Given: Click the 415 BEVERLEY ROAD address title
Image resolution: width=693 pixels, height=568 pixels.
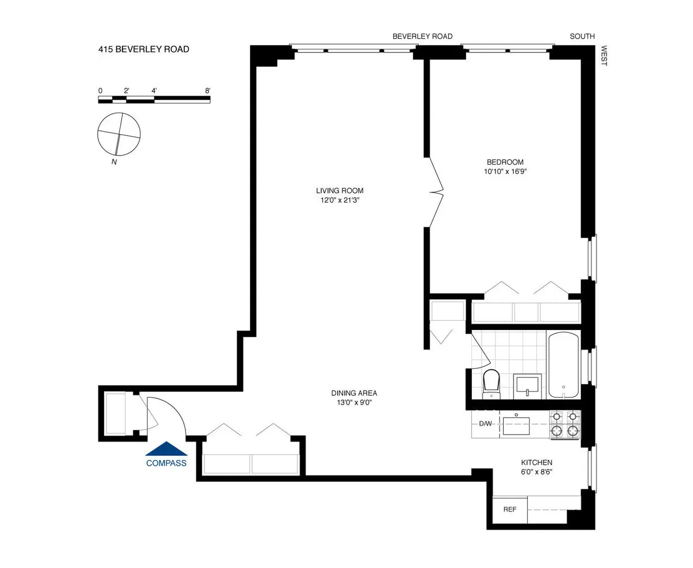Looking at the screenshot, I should (x=144, y=50).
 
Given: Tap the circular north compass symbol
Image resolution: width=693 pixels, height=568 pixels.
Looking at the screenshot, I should (x=118, y=134).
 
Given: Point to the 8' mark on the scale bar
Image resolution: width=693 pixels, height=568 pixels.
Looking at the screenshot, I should (x=207, y=91).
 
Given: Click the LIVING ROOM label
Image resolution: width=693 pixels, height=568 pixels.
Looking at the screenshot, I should (x=340, y=191).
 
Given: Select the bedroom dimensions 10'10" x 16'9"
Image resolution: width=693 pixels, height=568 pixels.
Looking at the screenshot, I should (x=506, y=172).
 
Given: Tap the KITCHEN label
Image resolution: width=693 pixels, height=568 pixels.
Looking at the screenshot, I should (x=536, y=463).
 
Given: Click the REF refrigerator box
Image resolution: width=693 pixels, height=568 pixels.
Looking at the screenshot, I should (x=509, y=510).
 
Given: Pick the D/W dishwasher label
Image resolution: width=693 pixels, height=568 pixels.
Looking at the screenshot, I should (x=485, y=424).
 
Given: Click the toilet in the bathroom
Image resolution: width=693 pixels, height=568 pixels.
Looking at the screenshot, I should (x=491, y=384).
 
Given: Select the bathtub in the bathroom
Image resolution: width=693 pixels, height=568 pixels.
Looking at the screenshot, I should (x=563, y=365).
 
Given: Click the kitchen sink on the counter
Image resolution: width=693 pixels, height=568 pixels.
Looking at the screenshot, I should (x=517, y=425).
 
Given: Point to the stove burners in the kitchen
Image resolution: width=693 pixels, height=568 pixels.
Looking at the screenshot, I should (x=564, y=424).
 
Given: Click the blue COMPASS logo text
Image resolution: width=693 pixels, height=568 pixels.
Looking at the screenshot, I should (x=166, y=463).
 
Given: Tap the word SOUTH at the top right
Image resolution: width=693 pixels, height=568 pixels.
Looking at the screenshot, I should (x=582, y=36).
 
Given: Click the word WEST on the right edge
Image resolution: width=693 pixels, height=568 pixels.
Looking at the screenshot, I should (x=604, y=56).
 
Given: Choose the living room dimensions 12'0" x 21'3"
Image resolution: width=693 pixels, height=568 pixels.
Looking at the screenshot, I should (x=340, y=201).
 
